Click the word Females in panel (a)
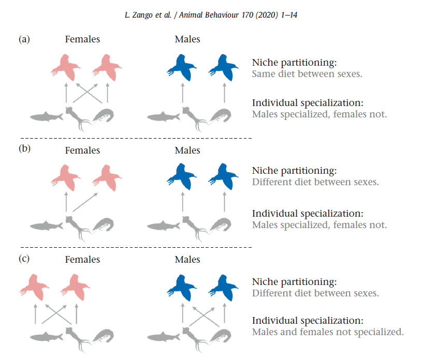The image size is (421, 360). [x=82, y=39]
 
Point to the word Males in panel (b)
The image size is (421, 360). [x=187, y=151]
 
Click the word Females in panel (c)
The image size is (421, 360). [x=82, y=260]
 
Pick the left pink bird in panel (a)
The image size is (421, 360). [x=65, y=67]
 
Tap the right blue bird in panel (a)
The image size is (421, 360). [x=224, y=67]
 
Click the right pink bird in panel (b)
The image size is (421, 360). [x=107, y=178]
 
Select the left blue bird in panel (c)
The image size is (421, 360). [x=181, y=287]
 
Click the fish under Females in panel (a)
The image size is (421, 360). [x=46, y=116]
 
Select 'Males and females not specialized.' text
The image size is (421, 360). [x=327, y=332]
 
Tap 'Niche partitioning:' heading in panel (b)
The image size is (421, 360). [x=294, y=170]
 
